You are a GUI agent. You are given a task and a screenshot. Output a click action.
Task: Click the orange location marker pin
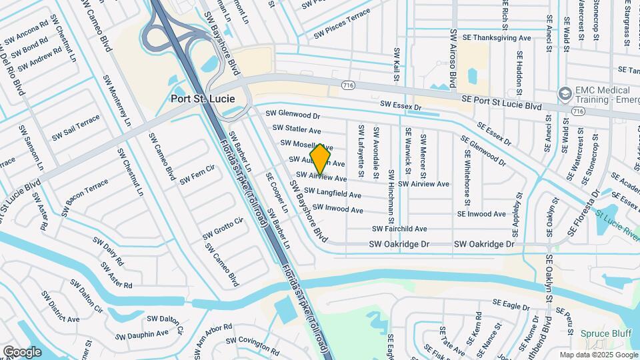pyautogui.click(x=321, y=159)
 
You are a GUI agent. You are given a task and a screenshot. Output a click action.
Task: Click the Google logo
pyautogui.click(x=22, y=351)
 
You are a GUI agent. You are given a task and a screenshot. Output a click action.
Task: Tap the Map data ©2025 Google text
pyautogui.click(x=597, y=355)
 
